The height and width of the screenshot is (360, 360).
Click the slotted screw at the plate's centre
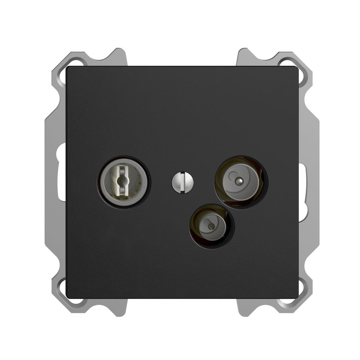click(183, 182)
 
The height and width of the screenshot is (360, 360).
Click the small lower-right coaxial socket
click(212, 226)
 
